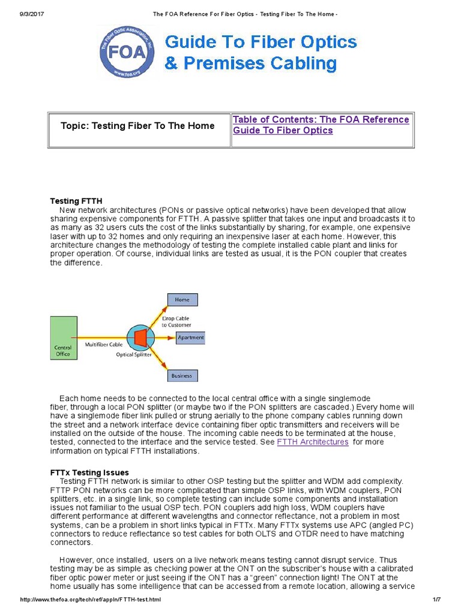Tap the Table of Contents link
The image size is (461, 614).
321,125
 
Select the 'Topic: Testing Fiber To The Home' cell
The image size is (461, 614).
137,126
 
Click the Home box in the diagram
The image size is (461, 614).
182,299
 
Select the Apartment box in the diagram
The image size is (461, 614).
190,338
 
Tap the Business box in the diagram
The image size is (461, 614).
182,376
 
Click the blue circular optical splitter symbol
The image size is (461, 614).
140,338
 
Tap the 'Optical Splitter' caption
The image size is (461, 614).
133,355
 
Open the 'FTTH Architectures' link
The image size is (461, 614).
312,442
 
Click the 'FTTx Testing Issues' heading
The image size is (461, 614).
89,472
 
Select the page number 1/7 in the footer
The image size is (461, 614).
436,600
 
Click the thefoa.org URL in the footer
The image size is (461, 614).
91,600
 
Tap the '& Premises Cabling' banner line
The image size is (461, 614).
250,64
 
